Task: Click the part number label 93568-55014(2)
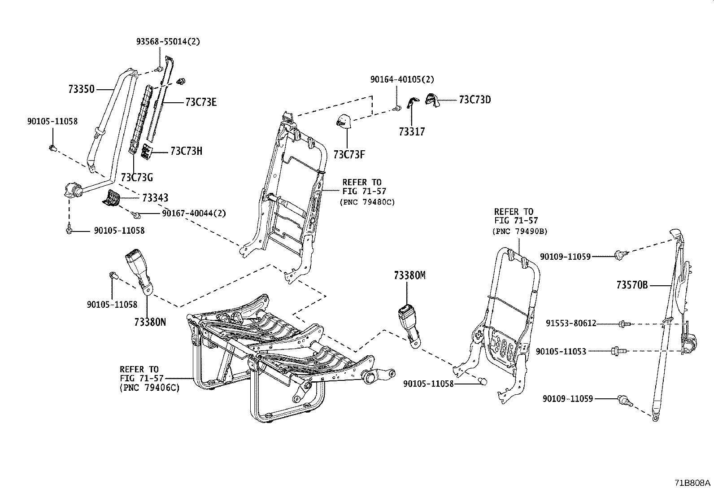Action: point(168,42)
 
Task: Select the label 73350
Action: point(81,89)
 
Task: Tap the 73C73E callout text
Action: point(200,103)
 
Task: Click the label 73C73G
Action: point(137,178)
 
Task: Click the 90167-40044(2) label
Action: point(194,214)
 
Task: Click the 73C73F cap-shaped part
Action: point(344,121)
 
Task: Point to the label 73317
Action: point(412,132)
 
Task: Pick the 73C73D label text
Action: point(475,100)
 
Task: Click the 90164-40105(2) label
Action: point(402,79)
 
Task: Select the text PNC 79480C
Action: point(368,202)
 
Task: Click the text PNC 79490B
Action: point(520,231)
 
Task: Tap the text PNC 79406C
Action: point(149,388)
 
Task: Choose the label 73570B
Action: point(631,285)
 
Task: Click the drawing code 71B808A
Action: point(693,483)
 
